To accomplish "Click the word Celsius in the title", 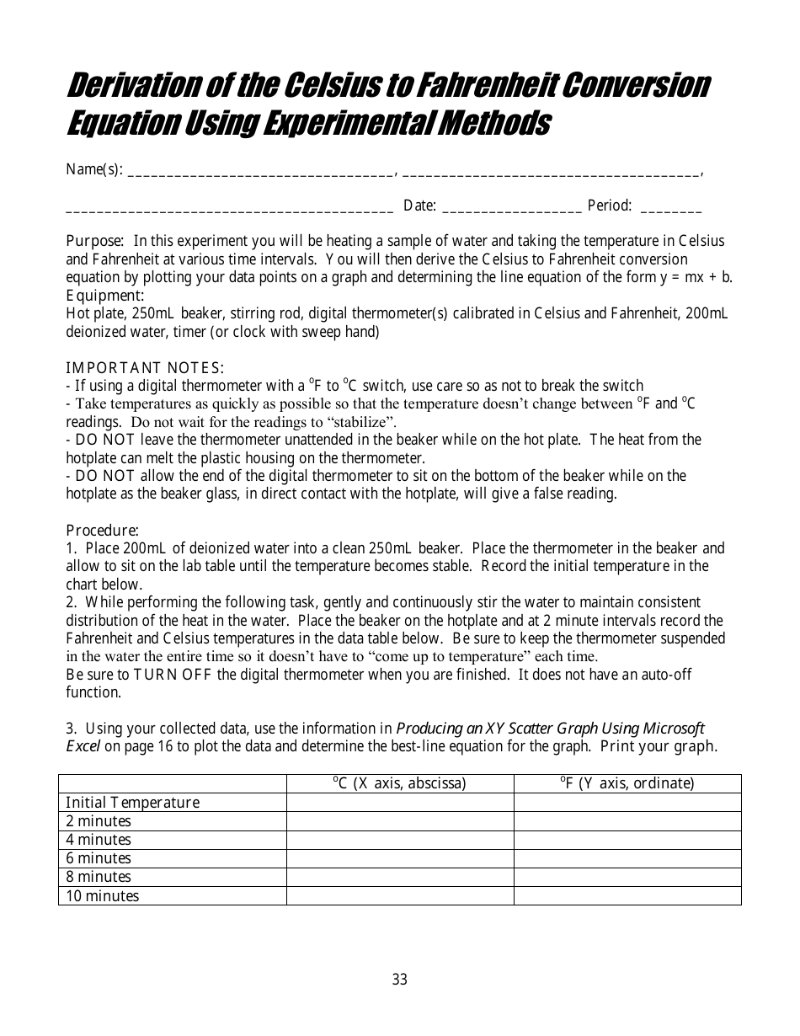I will click(x=328, y=86).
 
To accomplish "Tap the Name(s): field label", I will click(x=94, y=170).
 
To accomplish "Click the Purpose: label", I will click(x=95, y=241).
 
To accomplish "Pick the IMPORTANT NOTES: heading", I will click(x=145, y=368).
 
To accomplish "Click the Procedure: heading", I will click(x=102, y=531).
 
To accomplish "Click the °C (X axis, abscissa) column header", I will click(x=400, y=783).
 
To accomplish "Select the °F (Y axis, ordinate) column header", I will click(x=627, y=783).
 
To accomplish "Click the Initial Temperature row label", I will click(x=133, y=803).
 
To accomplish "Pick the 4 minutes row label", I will click(x=99, y=840).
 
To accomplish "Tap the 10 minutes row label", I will click(x=102, y=896).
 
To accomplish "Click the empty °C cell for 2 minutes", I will click(x=400, y=821).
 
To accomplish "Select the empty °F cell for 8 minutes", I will click(x=627, y=877).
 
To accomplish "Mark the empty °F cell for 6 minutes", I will click(x=627, y=858).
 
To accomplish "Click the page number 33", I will click(x=400, y=980).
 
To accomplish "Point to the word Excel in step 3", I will click(x=83, y=746).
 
